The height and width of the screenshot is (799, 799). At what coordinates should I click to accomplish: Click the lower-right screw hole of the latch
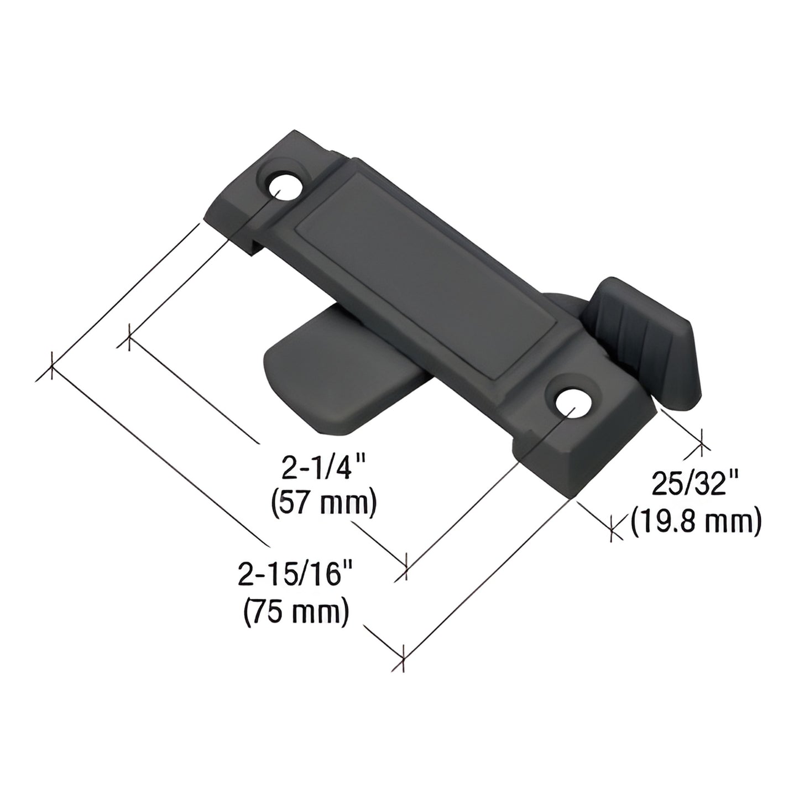tap(572, 403)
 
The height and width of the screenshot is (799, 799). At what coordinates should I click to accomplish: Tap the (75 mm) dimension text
tap(296, 611)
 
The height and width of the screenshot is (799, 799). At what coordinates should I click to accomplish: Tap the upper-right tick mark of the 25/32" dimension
tap(701, 442)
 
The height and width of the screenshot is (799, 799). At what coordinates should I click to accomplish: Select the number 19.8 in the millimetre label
tap(673, 520)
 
